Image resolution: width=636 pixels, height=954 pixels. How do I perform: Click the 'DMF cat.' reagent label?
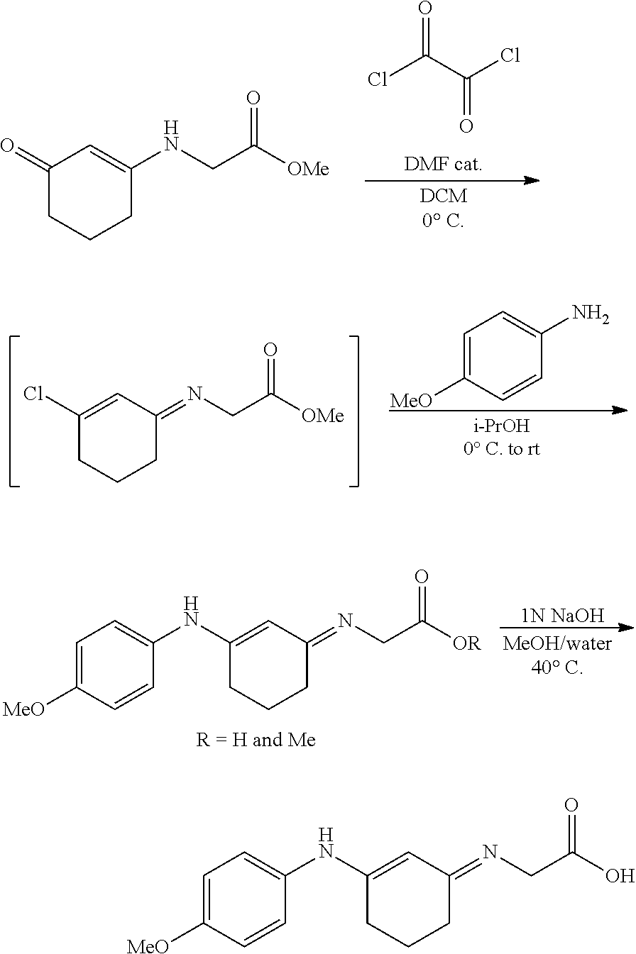click(444, 165)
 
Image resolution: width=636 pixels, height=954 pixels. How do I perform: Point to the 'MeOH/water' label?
click(556, 645)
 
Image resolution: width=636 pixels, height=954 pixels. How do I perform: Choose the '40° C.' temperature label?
click(556, 667)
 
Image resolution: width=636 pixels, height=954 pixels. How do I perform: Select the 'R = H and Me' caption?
click(256, 740)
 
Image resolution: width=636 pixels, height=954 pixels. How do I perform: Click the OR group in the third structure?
click(466, 644)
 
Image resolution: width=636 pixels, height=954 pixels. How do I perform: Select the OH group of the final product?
click(620, 875)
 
